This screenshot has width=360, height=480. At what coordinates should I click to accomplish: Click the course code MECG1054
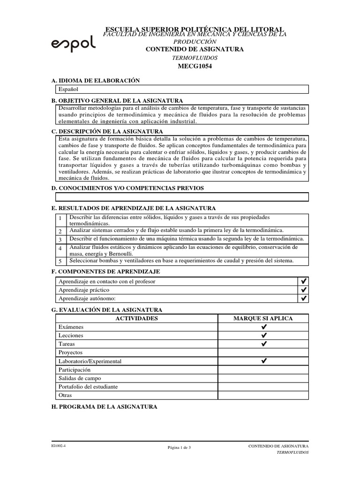point(195,66)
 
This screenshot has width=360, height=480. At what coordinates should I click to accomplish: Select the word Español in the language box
point(68,89)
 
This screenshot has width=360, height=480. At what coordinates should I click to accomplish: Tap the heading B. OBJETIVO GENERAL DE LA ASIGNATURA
point(117,101)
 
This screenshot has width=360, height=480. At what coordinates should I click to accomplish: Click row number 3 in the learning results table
point(60,240)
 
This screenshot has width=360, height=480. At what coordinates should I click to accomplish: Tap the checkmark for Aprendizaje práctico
point(304,290)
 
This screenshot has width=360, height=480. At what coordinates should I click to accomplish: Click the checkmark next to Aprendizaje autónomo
point(304,298)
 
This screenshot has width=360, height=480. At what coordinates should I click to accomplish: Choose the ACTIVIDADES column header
point(136,319)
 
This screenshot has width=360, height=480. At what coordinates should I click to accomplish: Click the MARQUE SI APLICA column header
point(263,319)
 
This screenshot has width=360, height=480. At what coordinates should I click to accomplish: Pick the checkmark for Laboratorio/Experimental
point(263,361)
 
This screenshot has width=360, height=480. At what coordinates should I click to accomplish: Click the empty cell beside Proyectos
point(263,352)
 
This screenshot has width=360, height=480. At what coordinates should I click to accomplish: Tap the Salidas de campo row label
point(79,378)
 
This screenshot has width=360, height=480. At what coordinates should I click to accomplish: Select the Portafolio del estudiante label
point(88,387)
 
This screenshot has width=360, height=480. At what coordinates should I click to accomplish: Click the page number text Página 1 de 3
point(180,448)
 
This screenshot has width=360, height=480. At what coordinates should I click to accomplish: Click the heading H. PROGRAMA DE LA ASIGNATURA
point(104,407)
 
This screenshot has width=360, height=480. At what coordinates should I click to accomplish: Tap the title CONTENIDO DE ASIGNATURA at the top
point(195,49)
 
